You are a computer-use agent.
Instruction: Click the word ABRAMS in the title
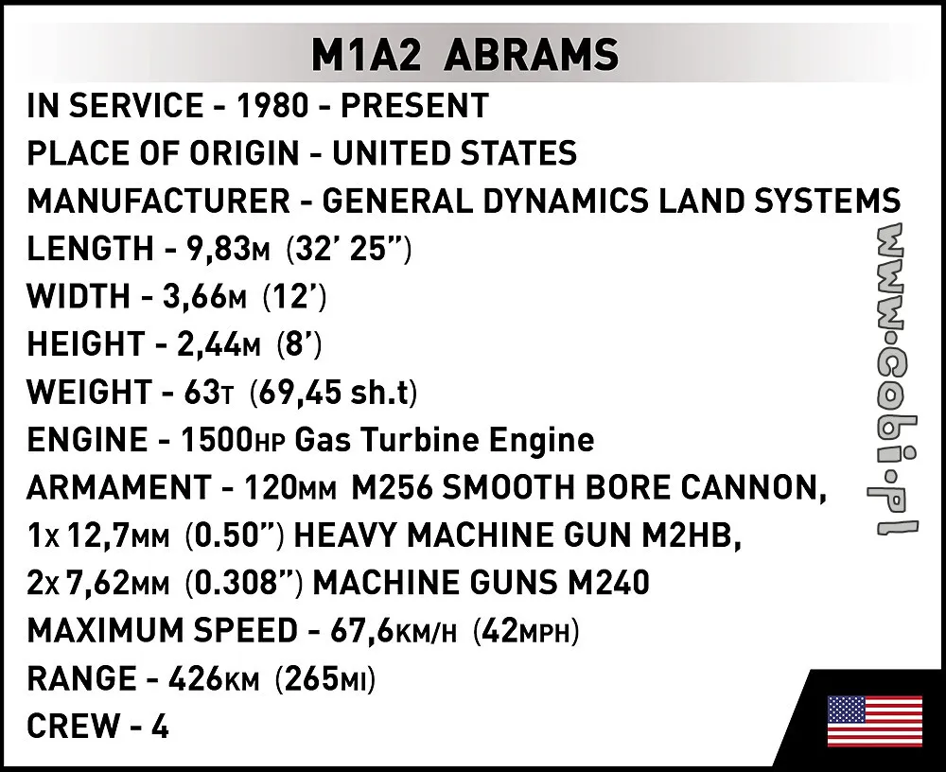click(533, 55)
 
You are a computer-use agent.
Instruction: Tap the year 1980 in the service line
click(272, 106)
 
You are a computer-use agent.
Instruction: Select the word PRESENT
click(414, 106)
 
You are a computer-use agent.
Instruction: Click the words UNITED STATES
click(454, 153)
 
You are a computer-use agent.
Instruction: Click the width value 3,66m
click(205, 296)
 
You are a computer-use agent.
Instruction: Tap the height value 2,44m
click(219, 344)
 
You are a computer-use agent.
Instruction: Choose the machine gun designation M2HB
click(692, 535)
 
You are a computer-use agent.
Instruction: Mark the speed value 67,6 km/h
click(394, 631)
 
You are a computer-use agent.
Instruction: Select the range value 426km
click(214, 678)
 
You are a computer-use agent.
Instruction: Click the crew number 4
click(160, 727)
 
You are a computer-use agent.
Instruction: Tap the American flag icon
click(875, 721)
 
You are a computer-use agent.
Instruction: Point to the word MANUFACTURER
click(159, 201)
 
